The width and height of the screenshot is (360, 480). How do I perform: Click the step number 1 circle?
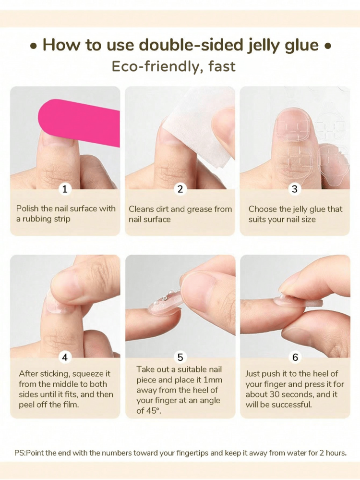coord(65,189)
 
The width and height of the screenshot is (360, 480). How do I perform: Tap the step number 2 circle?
coord(180,189)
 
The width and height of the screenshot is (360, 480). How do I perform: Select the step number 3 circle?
coord(295,189)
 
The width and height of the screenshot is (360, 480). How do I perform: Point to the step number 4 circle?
coord(65,357)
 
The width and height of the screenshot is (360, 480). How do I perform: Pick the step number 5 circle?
coord(180,357)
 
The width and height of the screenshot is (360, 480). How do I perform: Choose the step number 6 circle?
coord(295,357)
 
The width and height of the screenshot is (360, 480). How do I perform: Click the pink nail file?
coord(79,123)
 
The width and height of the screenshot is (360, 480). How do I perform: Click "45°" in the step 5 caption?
coord(155,411)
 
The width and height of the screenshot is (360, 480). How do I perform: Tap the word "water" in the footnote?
coord(278,453)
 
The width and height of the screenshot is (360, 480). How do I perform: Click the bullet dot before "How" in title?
coord(34,47)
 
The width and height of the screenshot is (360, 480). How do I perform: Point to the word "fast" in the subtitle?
coord(222,66)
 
